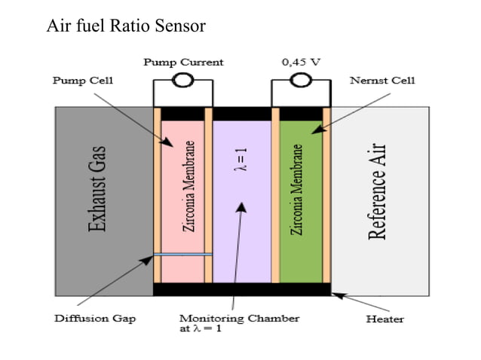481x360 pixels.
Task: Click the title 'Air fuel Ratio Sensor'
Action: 126,27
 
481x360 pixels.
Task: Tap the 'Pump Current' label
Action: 183,62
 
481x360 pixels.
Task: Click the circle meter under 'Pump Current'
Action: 182,80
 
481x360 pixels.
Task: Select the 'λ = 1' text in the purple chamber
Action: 243,159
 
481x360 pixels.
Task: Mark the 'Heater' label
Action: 384,319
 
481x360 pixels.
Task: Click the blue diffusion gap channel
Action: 182,255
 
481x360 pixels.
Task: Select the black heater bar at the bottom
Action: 241,289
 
